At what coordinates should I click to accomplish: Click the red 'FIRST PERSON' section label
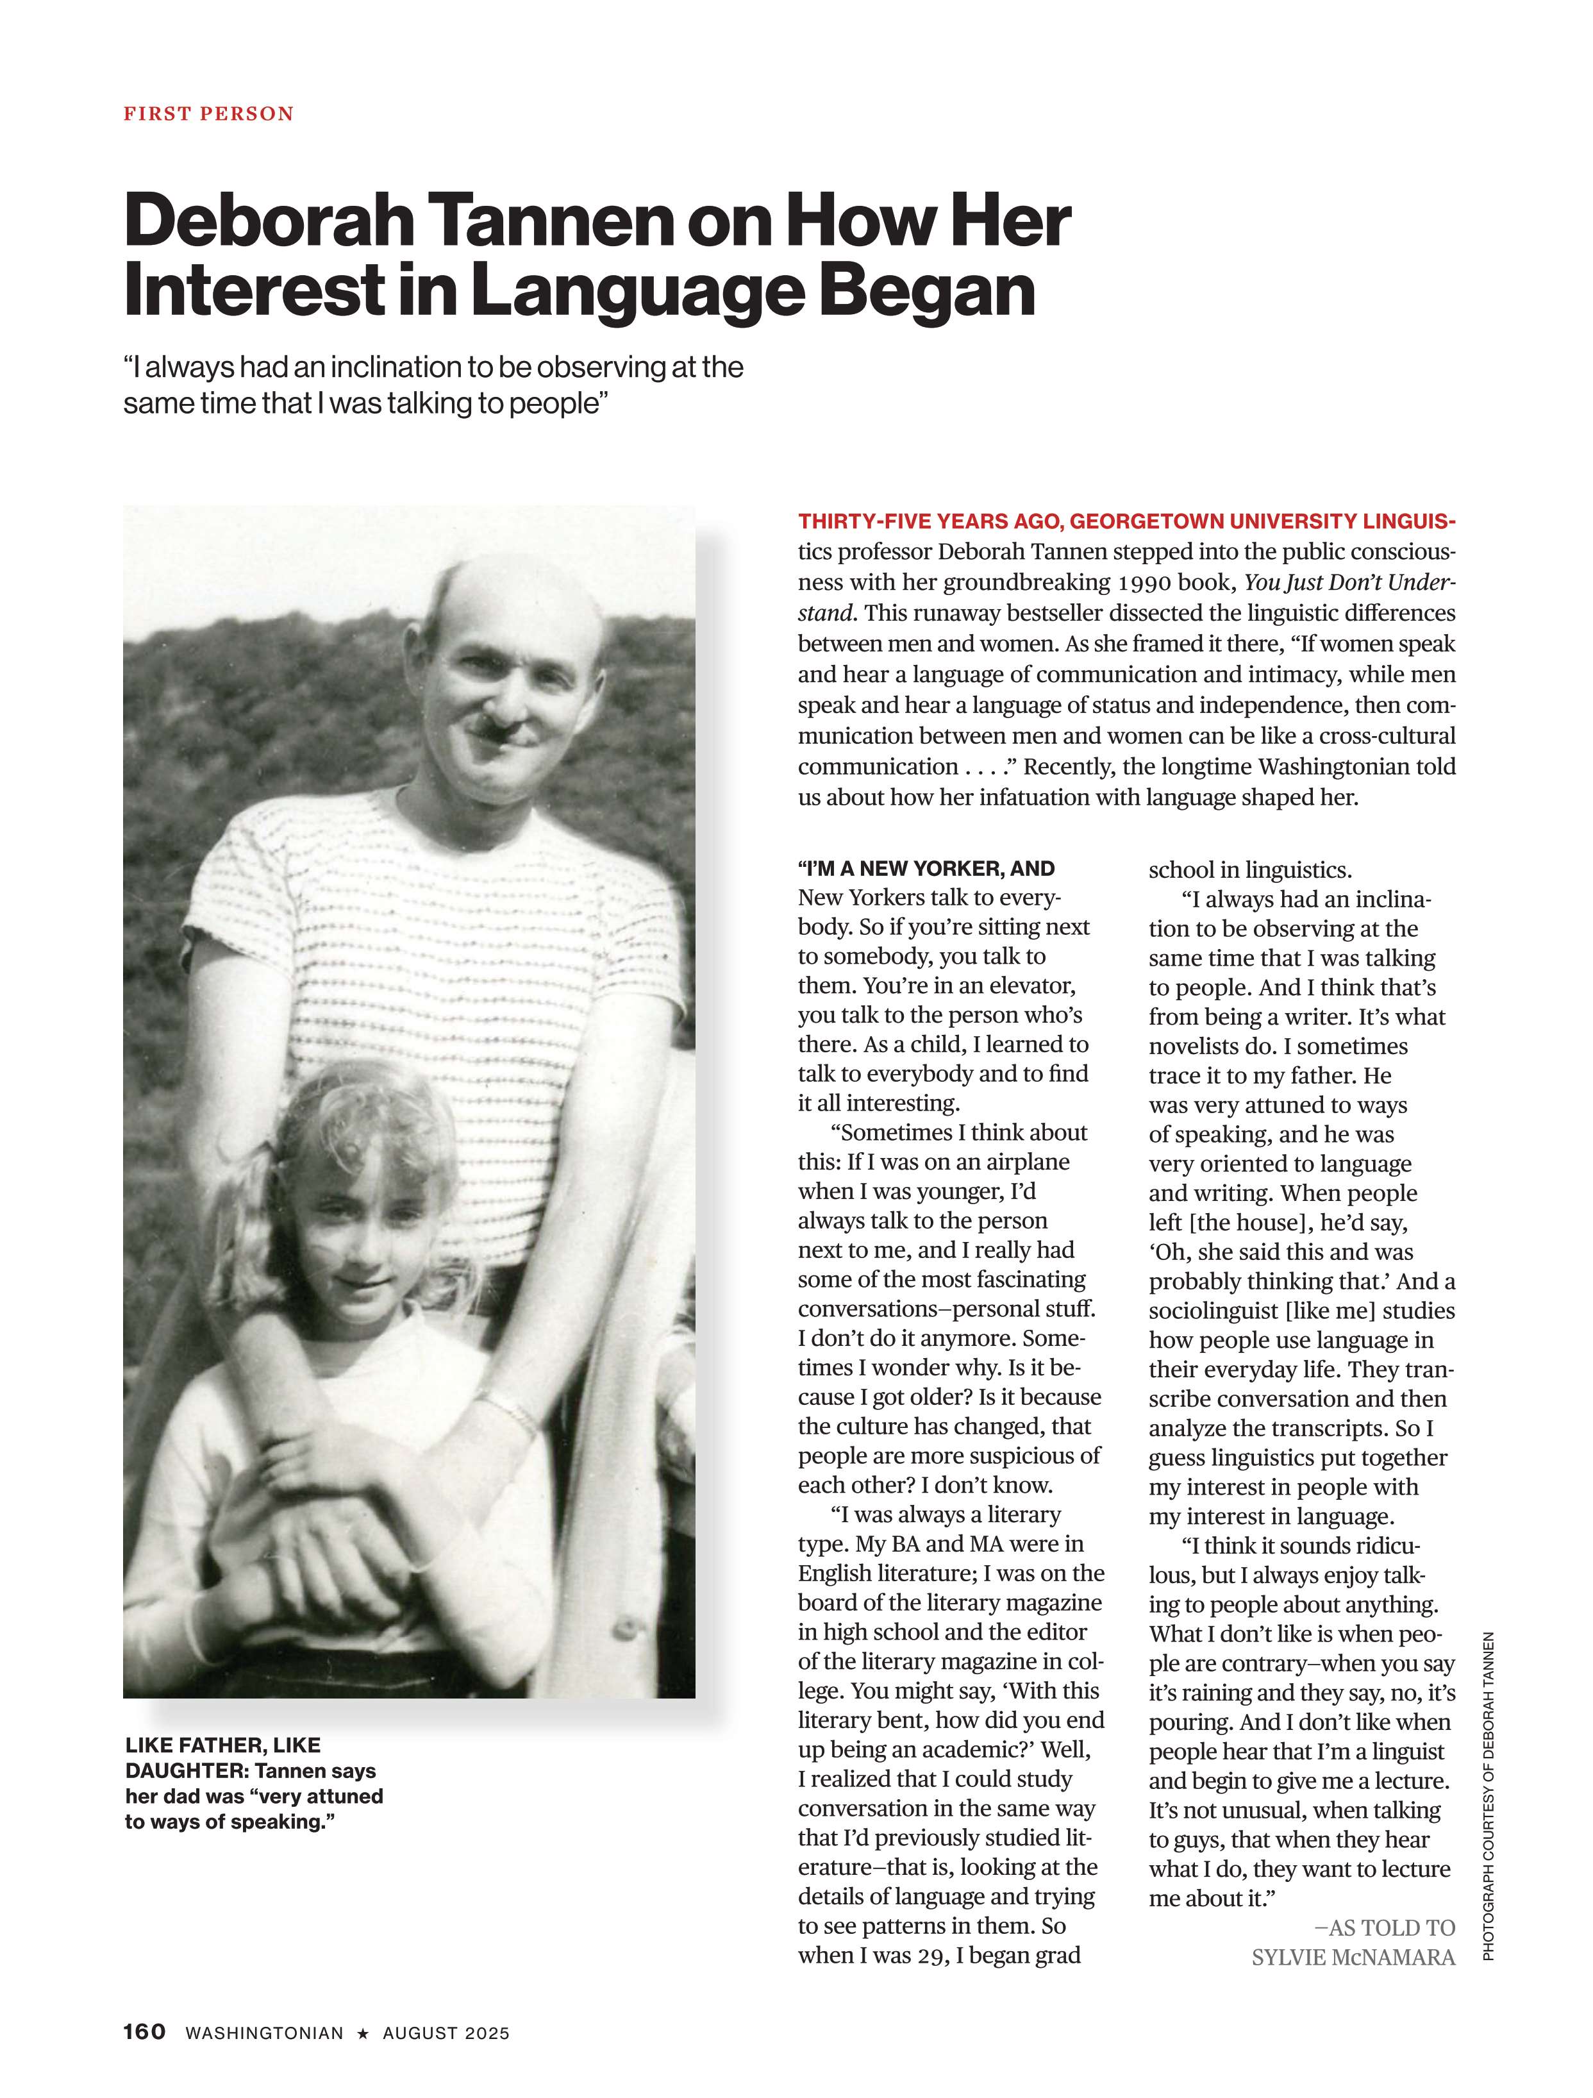coord(208,114)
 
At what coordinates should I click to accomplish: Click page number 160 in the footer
coord(144,2031)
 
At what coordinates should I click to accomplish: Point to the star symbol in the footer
coord(362,2033)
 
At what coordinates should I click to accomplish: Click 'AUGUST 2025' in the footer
coord(446,2033)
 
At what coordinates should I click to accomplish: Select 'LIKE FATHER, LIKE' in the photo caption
coord(223,1745)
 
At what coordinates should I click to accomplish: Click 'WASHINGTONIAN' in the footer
coord(265,2033)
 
